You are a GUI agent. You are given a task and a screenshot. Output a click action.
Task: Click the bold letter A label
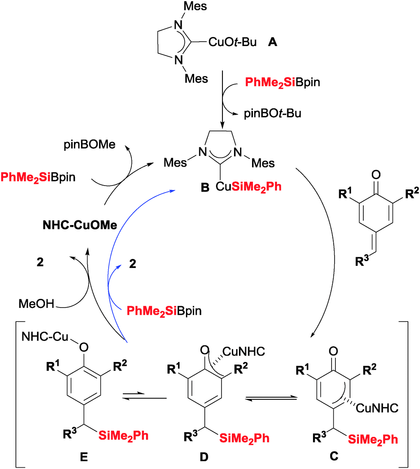click(272, 42)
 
